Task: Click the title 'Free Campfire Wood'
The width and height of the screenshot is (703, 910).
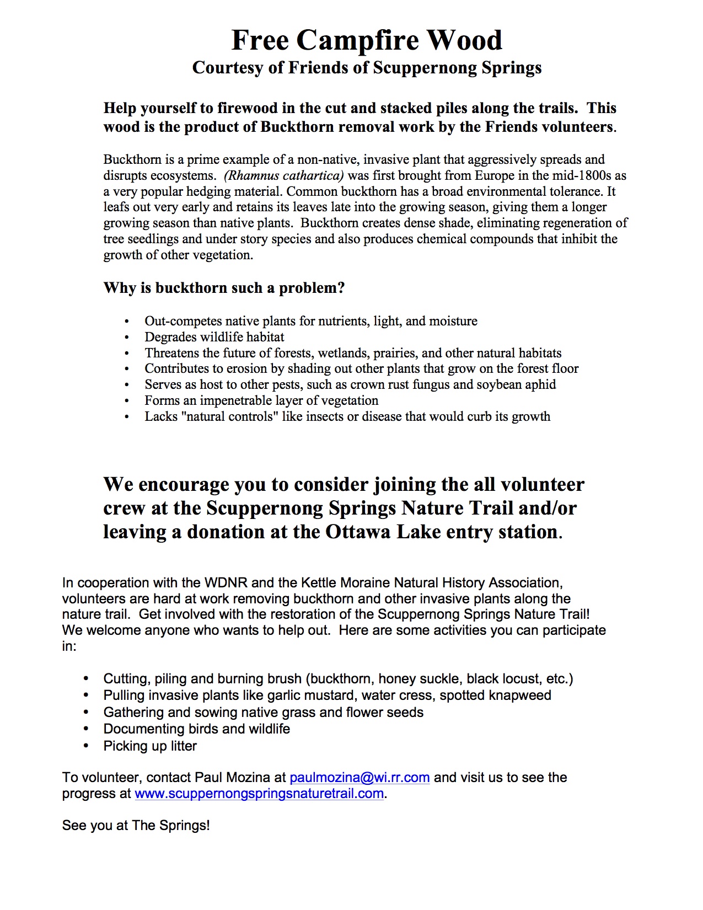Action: click(367, 40)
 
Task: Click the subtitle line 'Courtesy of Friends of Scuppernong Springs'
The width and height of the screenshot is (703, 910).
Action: click(367, 68)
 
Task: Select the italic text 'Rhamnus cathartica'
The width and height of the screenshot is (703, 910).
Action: click(284, 176)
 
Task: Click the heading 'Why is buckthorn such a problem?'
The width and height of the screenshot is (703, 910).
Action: click(224, 288)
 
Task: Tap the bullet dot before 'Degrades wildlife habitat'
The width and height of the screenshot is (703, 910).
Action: click(127, 338)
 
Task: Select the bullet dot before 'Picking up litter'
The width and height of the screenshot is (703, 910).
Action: click(86, 746)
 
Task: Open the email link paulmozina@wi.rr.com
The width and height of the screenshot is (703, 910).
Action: click(359, 778)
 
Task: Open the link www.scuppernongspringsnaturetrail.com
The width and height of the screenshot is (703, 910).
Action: click(259, 794)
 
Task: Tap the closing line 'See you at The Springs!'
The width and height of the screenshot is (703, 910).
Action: click(136, 826)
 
